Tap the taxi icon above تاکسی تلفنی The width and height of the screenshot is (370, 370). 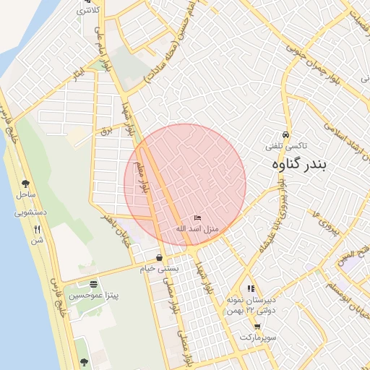click(286, 135)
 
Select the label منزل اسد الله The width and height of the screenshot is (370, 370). click(198, 228)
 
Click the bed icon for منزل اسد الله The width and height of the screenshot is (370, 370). click(198, 218)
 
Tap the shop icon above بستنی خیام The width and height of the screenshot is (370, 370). click(159, 258)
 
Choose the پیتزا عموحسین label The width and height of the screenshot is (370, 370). click(93, 295)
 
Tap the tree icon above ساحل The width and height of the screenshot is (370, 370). click(26, 184)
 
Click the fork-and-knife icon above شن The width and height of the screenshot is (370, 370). click(36, 229)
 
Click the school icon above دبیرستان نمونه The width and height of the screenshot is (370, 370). click(251, 288)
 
